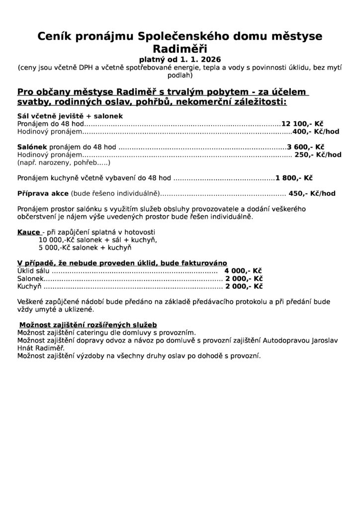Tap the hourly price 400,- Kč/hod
pos(316,132)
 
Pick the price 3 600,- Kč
pos(306,147)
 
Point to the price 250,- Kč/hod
pos(318,155)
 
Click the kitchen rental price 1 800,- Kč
pos(294,177)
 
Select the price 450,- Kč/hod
pos(312,193)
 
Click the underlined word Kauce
pos(29,232)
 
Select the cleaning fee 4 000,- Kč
pos(243,271)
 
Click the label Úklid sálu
pos(34,271)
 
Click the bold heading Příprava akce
pos(43,193)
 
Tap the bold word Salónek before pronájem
pos(32,147)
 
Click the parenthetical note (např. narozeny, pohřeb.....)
pos(63,163)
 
